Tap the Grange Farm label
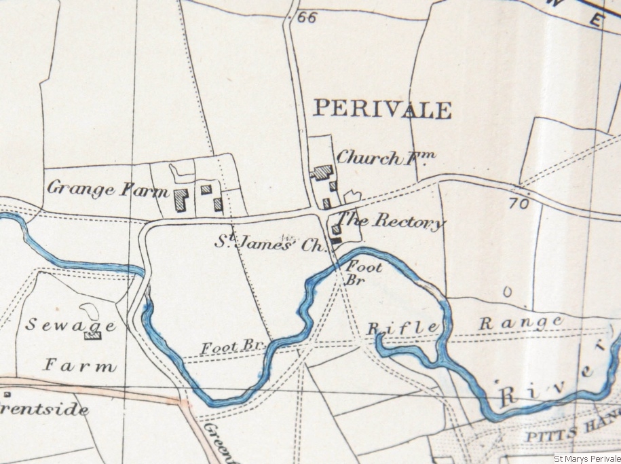point(107,188)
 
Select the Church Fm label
point(385,158)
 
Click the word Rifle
point(403,328)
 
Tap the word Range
point(521,322)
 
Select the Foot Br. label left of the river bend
point(231,347)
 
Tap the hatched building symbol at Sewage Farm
point(92,334)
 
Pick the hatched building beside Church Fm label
point(322,173)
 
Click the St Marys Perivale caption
point(586,459)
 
